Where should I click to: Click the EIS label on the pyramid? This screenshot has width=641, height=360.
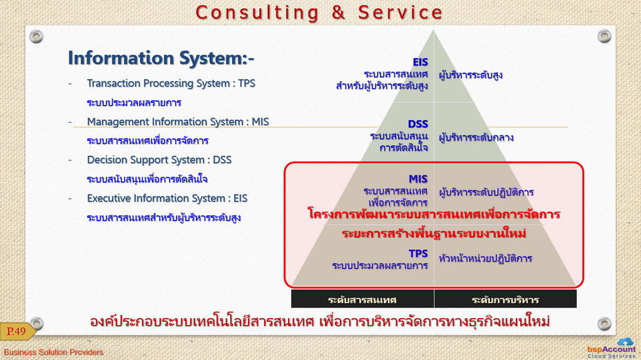click(x=420, y=62)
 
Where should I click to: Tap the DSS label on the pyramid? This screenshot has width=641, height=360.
click(x=418, y=124)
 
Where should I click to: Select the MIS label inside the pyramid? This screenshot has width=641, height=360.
click(x=418, y=179)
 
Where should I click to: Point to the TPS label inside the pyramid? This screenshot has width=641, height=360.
click(x=418, y=254)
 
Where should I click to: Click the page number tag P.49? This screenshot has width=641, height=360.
click(x=17, y=331)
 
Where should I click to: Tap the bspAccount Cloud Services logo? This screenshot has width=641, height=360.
click(x=612, y=348)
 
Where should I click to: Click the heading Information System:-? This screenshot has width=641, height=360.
click(x=161, y=58)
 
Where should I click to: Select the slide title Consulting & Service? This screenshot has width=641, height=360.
click(x=319, y=13)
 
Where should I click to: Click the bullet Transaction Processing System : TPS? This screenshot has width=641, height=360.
click(x=171, y=83)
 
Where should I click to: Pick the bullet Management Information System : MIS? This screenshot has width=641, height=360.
click(x=178, y=122)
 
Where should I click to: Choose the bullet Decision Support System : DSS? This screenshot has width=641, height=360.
click(x=159, y=160)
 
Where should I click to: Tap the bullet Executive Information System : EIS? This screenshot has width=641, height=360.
click(x=167, y=198)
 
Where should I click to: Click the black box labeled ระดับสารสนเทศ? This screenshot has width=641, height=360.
click(x=362, y=299)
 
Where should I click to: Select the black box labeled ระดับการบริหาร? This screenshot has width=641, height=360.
click(x=505, y=299)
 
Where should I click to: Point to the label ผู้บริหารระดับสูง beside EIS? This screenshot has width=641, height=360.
click(x=471, y=75)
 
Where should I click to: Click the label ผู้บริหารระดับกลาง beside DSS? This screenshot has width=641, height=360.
click(x=476, y=138)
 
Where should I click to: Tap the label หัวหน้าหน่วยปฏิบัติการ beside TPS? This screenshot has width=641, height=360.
click(x=485, y=259)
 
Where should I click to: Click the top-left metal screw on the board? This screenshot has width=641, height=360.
click(x=36, y=36)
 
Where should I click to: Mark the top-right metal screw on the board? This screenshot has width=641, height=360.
click(x=604, y=36)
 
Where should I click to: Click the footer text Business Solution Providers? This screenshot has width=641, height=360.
click(x=54, y=352)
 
